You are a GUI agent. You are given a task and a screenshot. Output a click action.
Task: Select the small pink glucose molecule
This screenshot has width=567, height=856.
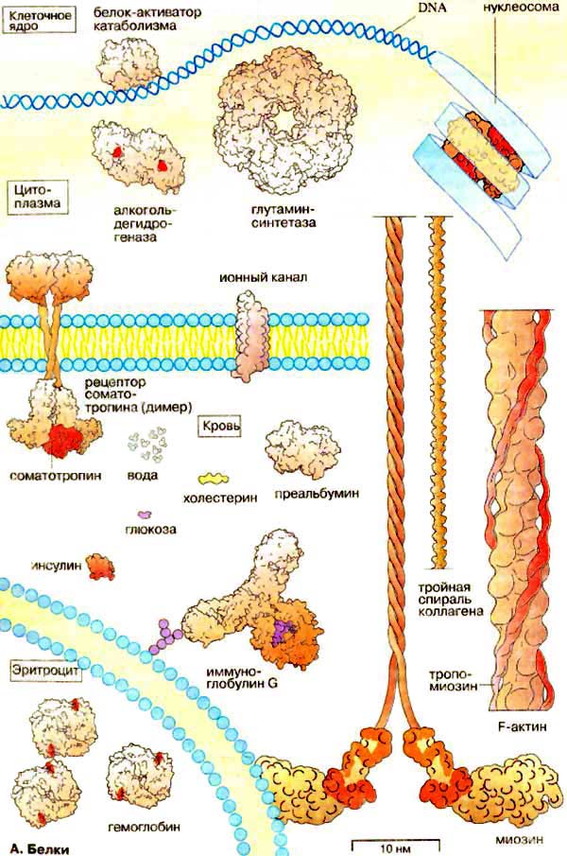[143, 513]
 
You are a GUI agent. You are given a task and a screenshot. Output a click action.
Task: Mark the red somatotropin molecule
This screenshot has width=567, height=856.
[64, 438]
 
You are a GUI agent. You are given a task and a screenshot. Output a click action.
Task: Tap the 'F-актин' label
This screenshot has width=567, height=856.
[516, 726]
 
